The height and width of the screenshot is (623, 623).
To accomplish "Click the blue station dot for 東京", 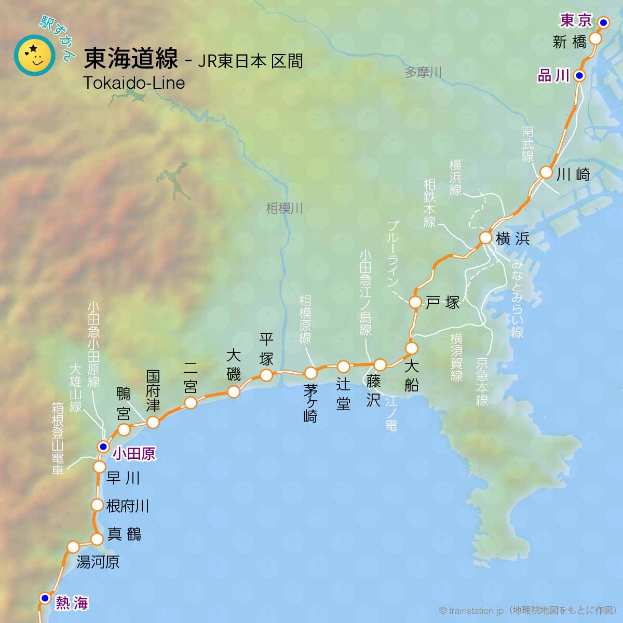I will pyautogui.click(x=603, y=22).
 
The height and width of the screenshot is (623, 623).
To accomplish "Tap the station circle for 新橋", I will pyautogui.click(x=595, y=39).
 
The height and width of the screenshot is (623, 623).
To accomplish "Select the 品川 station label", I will pyautogui.click(x=553, y=76).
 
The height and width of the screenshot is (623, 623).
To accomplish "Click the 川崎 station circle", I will pyautogui.click(x=546, y=172).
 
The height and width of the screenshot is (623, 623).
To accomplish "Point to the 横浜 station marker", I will pyautogui.click(x=485, y=238).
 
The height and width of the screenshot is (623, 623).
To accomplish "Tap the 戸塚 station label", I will pyautogui.click(x=443, y=303).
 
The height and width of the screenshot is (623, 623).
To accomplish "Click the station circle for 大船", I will pyautogui.click(x=412, y=348).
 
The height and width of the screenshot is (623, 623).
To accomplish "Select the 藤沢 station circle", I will pyautogui.click(x=380, y=364).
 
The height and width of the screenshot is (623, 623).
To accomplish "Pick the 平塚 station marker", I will pyautogui.click(x=266, y=375).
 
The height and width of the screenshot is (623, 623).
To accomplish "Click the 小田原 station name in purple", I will pyautogui.click(x=134, y=454).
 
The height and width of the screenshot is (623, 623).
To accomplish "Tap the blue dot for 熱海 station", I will pyautogui.click(x=45, y=598).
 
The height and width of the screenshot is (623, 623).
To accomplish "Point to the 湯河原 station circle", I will pyautogui.click(x=73, y=547).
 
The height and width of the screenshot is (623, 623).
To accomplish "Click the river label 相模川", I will pyautogui.click(x=284, y=209).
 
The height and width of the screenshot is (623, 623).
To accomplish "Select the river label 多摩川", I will pyautogui.click(x=423, y=72).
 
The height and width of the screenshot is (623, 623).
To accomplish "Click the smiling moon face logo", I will pyautogui.click(x=35, y=55).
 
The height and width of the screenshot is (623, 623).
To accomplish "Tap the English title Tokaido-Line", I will pyautogui.click(x=134, y=83).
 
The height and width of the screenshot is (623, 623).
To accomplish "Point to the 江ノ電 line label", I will pyautogui.click(x=391, y=413).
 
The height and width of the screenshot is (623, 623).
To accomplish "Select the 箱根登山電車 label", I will pyautogui.click(x=57, y=439).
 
